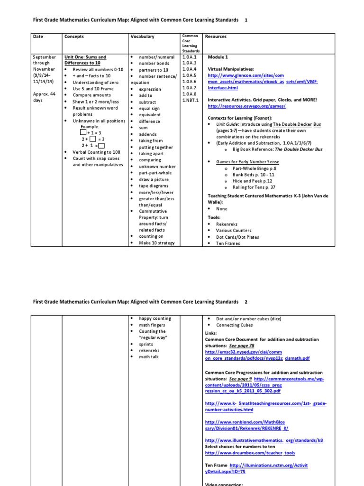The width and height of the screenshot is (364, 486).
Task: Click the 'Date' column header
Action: [38, 37]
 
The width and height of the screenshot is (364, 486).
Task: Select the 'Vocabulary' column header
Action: [142, 37]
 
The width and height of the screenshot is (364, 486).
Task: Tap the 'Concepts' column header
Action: [74, 37]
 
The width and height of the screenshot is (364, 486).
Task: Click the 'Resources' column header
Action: [216, 37]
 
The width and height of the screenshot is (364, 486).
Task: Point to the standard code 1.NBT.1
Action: [191, 100]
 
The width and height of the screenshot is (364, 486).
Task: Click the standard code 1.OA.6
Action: [189, 82]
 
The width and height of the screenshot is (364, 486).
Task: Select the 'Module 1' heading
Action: [218, 57]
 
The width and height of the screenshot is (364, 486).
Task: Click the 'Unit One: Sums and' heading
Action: [85, 57]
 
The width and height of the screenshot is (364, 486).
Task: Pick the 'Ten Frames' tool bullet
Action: [228, 243]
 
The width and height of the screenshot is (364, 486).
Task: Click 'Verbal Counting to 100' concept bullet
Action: [96, 152]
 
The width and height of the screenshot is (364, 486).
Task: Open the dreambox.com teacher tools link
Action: [250, 453]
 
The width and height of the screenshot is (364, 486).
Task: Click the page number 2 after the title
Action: [246, 302]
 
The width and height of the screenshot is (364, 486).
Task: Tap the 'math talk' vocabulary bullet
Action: [148, 357]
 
